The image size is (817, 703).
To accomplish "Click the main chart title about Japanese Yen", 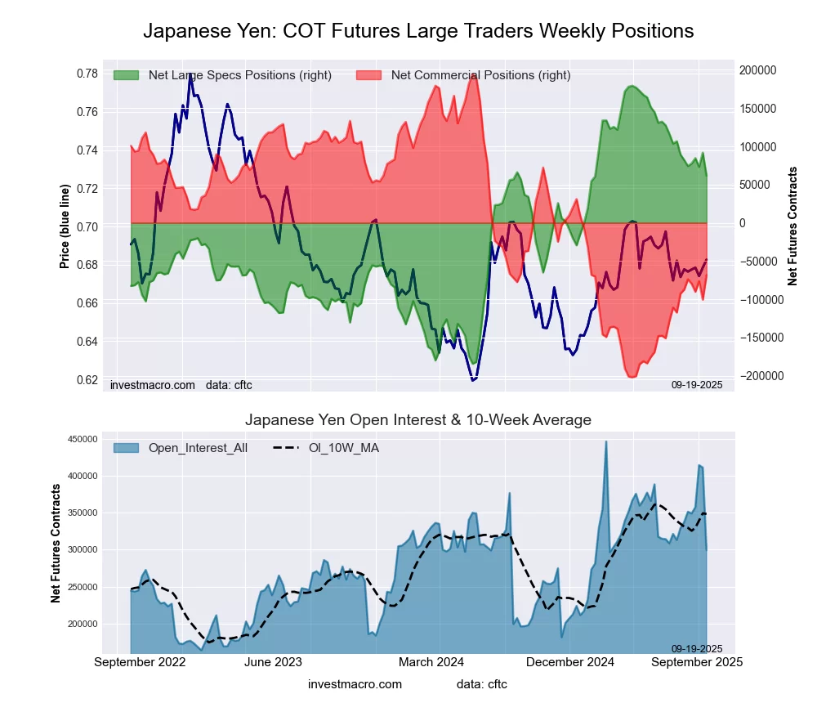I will tap(418, 31).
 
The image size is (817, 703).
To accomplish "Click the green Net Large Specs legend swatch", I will tap(127, 75).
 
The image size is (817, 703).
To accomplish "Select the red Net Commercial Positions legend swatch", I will tap(369, 75).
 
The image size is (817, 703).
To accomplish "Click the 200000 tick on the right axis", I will tap(757, 70).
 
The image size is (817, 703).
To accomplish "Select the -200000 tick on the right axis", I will tap(757, 376).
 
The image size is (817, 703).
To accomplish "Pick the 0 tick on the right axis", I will tap(743, 223).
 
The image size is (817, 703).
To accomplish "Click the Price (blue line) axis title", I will tap(65, 226).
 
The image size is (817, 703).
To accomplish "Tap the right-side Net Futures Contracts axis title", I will tap(792, 226).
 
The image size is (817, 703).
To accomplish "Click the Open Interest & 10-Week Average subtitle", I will tap(418, 420).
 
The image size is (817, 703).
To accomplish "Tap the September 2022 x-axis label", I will tap(140, 661).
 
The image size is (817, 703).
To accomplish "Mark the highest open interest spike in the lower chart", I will tap(605, 442).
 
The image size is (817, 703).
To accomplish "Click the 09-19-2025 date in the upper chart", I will tap(697, 384).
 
